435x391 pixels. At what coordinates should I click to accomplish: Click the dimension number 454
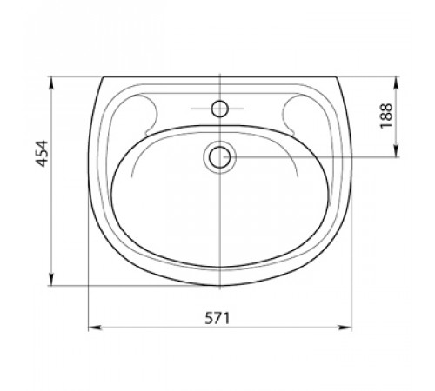coord(42,154)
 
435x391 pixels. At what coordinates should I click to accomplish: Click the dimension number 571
coord(217,318)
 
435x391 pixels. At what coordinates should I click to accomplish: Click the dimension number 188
coord(386,116)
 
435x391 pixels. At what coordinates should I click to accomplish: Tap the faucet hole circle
coord(220,109)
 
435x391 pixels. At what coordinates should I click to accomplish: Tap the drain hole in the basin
coord(220,157)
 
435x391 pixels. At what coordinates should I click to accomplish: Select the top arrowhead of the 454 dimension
coord(51,83)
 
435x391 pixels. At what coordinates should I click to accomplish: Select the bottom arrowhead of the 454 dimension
coord(51,279)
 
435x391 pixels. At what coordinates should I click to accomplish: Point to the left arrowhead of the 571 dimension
coord(95,328)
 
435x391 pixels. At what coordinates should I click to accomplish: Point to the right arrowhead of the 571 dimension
coord(345,328)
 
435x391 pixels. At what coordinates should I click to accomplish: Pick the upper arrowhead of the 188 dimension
coord(397,83)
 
